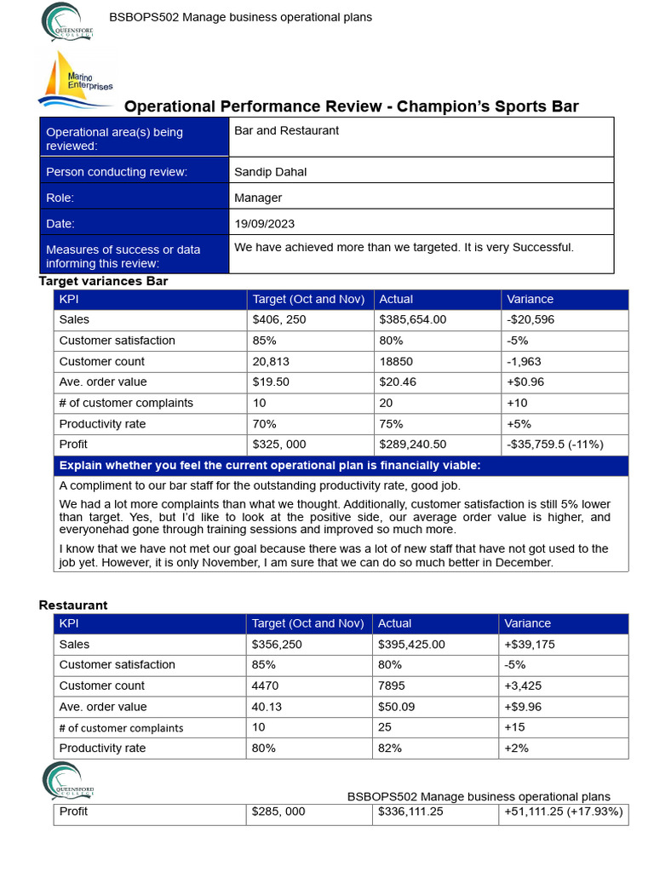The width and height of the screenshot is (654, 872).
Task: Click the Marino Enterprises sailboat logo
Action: coord(75,78)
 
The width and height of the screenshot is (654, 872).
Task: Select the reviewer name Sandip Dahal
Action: coord(270,172)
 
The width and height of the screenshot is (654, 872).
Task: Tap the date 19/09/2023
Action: coord(264,224)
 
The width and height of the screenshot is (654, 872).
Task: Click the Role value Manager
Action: coord(258,198)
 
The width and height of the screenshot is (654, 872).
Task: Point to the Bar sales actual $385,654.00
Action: coord(412,320)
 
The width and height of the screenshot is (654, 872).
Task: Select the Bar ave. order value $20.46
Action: coord(398,382)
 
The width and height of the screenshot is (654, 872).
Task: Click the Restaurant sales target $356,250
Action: coord(278,645)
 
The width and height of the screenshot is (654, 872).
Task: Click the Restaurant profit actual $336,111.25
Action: coord(410,812)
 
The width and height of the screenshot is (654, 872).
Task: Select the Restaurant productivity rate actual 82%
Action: coord(390,749)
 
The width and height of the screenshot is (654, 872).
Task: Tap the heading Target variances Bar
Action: coord(103,281)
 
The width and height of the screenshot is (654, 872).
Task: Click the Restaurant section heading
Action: coord(73,605)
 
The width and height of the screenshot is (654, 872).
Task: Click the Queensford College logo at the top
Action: coord(67,23)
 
